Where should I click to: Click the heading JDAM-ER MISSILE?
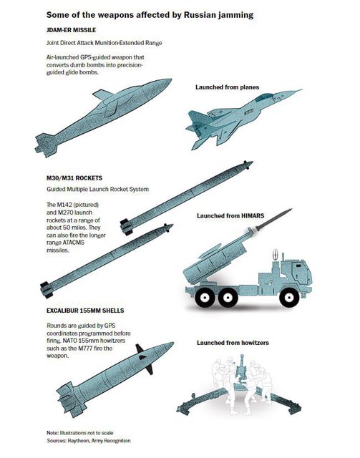tap(71, 30)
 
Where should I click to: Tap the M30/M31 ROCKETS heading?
tap(74, 178)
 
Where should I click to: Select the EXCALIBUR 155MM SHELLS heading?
tap(85, 311)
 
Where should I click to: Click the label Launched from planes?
tap(228, 87)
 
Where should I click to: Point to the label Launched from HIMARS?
tap(230, 216)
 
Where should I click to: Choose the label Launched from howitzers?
tap(233, 343)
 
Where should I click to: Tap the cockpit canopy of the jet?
tap(264, 97)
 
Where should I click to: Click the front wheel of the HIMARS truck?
tap(288, 298)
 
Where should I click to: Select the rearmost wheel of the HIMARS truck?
tap(204, 298)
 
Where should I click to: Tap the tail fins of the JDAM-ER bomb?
tap(47, 145)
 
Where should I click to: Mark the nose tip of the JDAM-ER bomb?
tap(171, 79)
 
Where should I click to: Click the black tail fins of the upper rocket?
tap(127, 226)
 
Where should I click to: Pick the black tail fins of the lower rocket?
tap(47, 290)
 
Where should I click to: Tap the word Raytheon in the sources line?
tap(78, 441)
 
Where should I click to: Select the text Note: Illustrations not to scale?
tap(79, 432)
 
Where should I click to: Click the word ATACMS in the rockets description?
tap(73, 243)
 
